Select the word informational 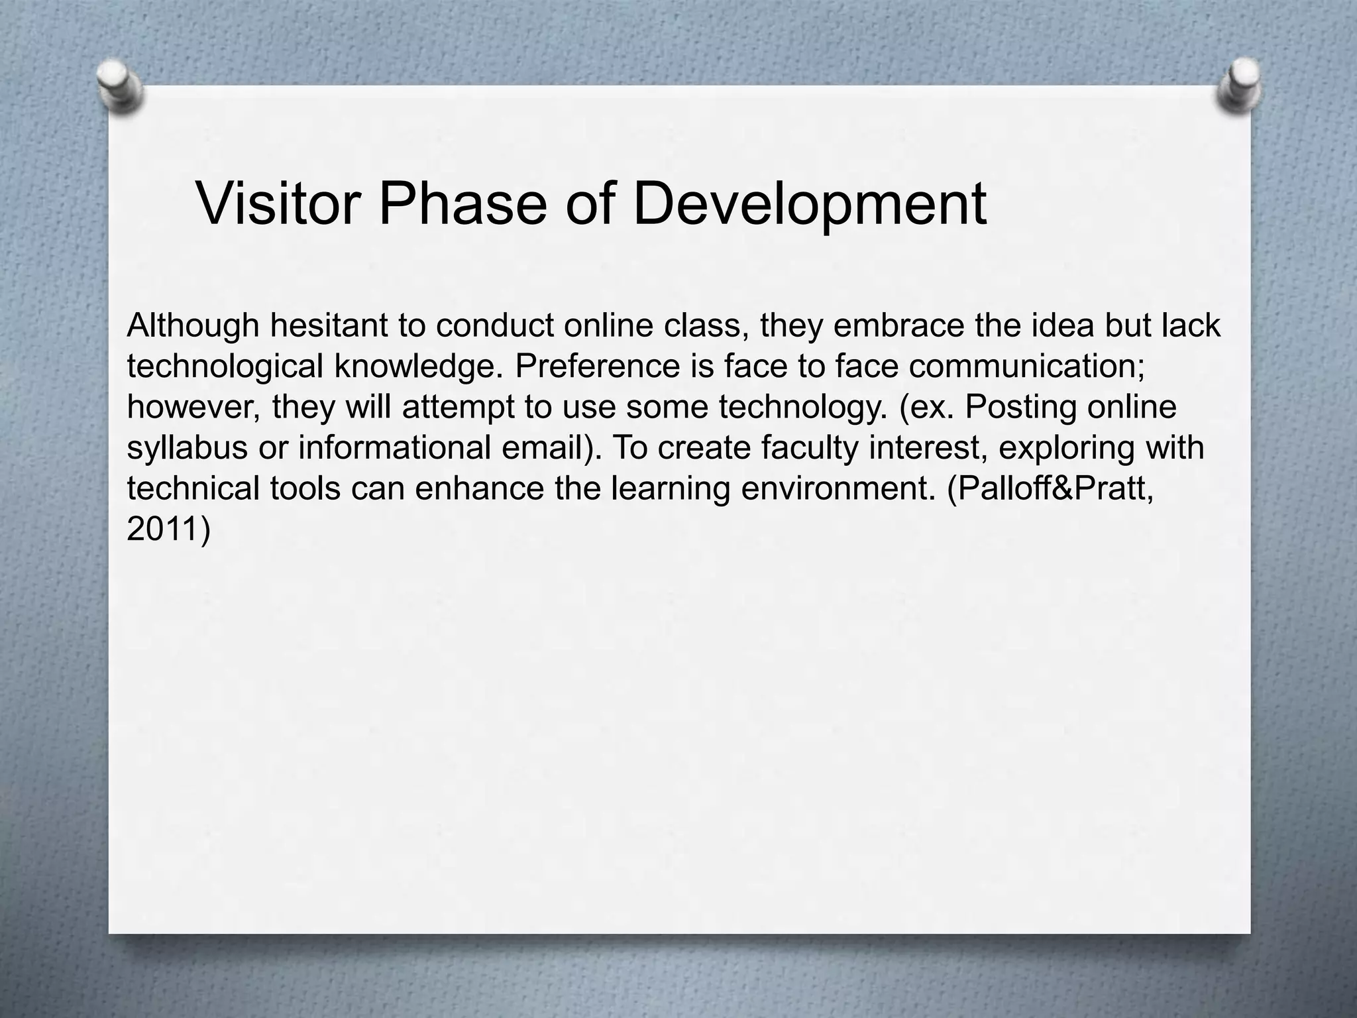click(395, 447)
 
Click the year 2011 click(163, 529)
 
